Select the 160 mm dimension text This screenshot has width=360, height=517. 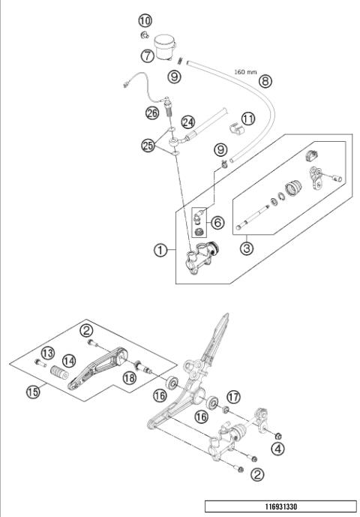(246, 73)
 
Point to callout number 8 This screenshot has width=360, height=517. (263, 80)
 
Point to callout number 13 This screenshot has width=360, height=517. (48, 353)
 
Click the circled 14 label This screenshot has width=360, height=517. (67, 360)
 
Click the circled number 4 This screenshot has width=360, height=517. (278, 450)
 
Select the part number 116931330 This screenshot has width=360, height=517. (280, 506)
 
